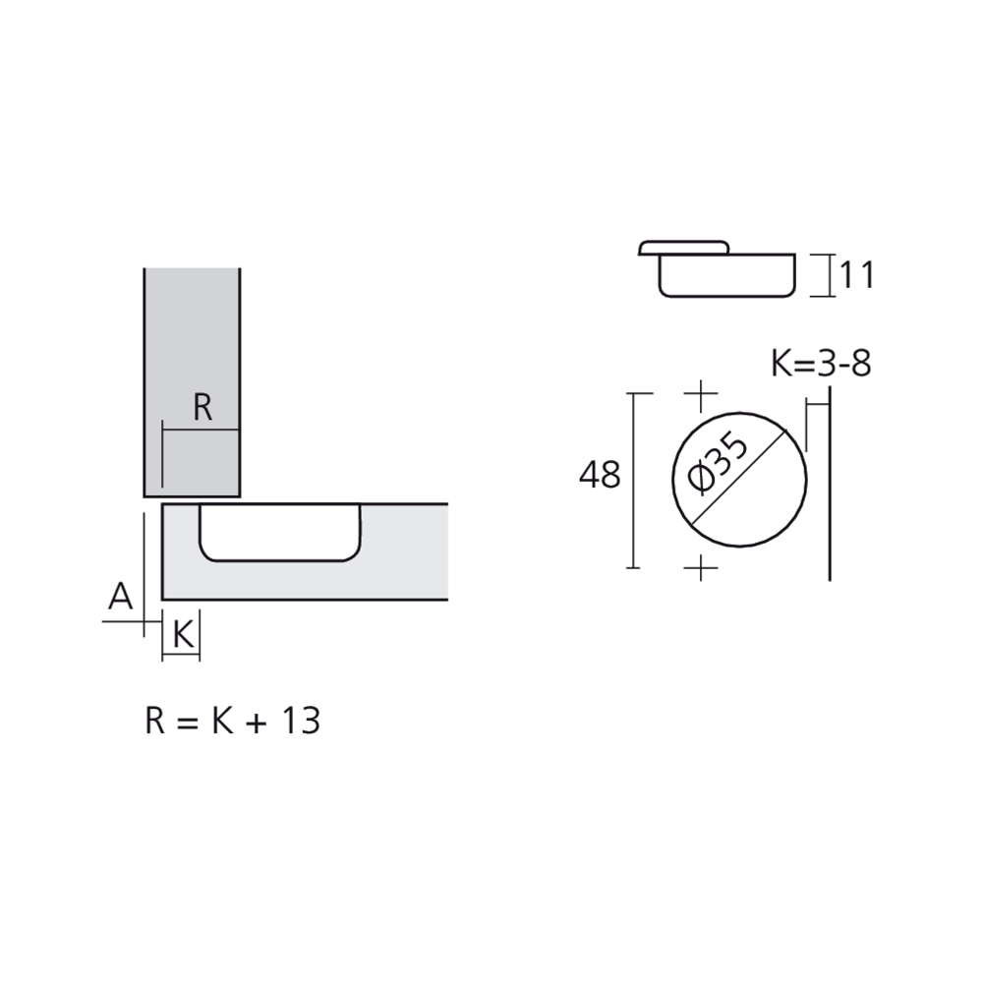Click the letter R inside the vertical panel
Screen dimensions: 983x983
pyautogui.click(x=202, y=407)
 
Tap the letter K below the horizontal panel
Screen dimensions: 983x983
pyautogui.click(x=182, y=635)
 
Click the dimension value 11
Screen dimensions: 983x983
pyautogui.click(x=855, y=276)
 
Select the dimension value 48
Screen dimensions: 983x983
pyautogui.click(x=600, y=476)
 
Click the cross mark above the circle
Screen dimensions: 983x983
pyautogui.click(x=700, y=397)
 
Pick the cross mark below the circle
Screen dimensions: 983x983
pyautogui.click(x=700, y=567)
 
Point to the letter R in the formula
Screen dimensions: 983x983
pyautogui.click(x=155, y=721)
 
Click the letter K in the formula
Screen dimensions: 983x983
pyautogui.click(x=217, y=721)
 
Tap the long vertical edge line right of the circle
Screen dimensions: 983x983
pyautogui.click(x=832, y=482)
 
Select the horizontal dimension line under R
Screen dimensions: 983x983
pyautogui.click(x=202, y=430)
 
